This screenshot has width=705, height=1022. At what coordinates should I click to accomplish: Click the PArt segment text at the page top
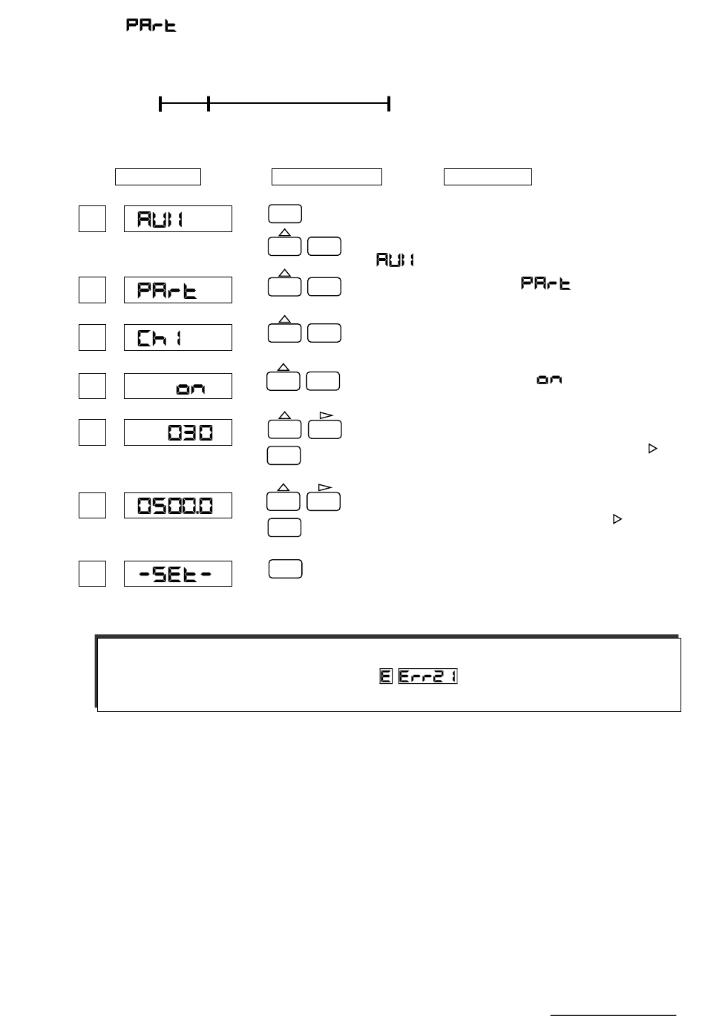click(151, 25)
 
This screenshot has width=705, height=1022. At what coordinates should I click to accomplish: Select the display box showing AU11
click(177, 219)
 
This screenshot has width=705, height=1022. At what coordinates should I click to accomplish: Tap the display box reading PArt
click(177, 290)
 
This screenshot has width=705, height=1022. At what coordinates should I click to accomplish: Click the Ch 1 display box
click(177, 337)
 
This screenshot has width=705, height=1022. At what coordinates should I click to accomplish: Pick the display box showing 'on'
click(177, 386)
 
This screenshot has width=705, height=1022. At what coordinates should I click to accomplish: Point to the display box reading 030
click(177, 432)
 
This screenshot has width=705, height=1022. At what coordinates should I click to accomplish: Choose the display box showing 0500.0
click(177, 505)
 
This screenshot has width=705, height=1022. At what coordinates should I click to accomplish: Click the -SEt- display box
click(177, 573)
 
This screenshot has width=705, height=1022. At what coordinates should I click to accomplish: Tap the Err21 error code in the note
click(428, 676)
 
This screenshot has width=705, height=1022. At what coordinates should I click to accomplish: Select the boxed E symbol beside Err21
click(386, 676)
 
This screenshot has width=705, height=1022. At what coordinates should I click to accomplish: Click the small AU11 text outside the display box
click(395, 260)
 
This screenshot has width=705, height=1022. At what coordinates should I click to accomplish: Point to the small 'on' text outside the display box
click(549, 380)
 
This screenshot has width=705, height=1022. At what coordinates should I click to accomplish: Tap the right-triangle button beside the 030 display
click(324, 428)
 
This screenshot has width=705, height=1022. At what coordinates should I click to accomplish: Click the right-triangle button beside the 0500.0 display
click(324, 500)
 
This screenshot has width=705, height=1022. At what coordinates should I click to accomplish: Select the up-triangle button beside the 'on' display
click(283, 380)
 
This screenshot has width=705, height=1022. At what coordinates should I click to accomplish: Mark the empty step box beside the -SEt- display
click(92, 573)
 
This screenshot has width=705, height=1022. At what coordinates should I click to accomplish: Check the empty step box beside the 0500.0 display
click(92, 505)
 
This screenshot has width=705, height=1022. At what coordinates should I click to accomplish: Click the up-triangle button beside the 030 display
click(284, 428)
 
